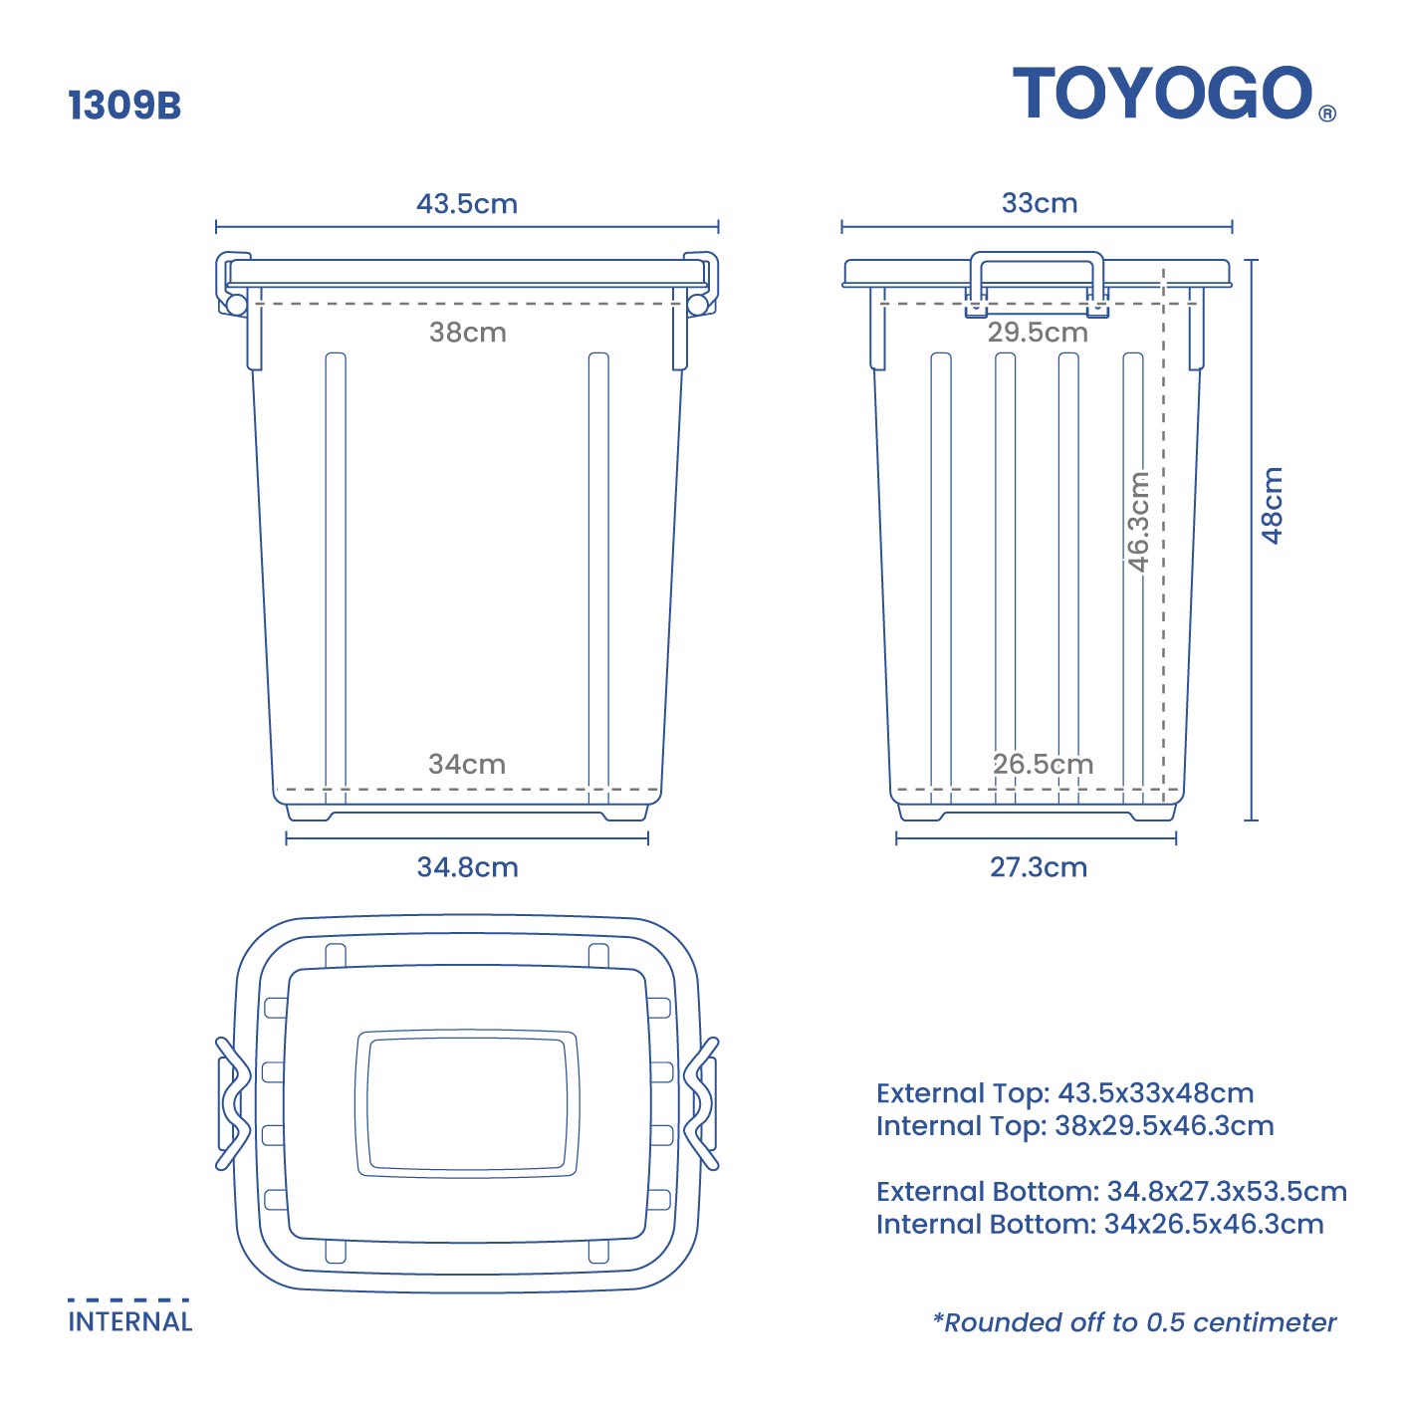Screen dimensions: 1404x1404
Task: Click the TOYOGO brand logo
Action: click(x=1162, y=95)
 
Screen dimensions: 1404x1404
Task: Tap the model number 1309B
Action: click(x=124, y=106)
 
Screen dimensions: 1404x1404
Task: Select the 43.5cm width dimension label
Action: click(x=467, y=204)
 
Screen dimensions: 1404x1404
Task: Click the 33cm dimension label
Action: click(x=1040, y=203)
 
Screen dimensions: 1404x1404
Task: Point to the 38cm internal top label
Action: click(x=467, y=333)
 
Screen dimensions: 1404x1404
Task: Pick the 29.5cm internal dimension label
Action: click(x=1038, y=333)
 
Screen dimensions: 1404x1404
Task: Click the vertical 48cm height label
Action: click(x=1273, y=506)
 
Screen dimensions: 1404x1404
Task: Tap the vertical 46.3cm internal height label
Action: click(x=1138, y=522)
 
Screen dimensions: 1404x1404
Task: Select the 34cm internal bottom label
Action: click(x=467, y=765)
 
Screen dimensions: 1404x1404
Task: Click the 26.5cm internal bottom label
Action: click(x=1043, y=765)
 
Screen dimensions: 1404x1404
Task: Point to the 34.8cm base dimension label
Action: click(x=467, y=867)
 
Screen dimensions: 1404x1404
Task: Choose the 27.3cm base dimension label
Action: click(x=1038, y=867)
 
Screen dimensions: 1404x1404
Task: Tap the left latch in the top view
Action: click(x=231, y=1103)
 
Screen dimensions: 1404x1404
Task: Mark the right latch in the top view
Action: click(x=703, y=1103)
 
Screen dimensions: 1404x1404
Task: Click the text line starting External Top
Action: click(x=1064, y=1093)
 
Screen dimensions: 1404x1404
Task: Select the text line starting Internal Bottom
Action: click(x=1099, y=1225)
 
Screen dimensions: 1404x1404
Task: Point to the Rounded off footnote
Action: click(x=1134, y=1323)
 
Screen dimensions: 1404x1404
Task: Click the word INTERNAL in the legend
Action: click(x=129, y=1322)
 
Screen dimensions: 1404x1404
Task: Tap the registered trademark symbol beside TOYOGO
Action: click(x=1327, y=114)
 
